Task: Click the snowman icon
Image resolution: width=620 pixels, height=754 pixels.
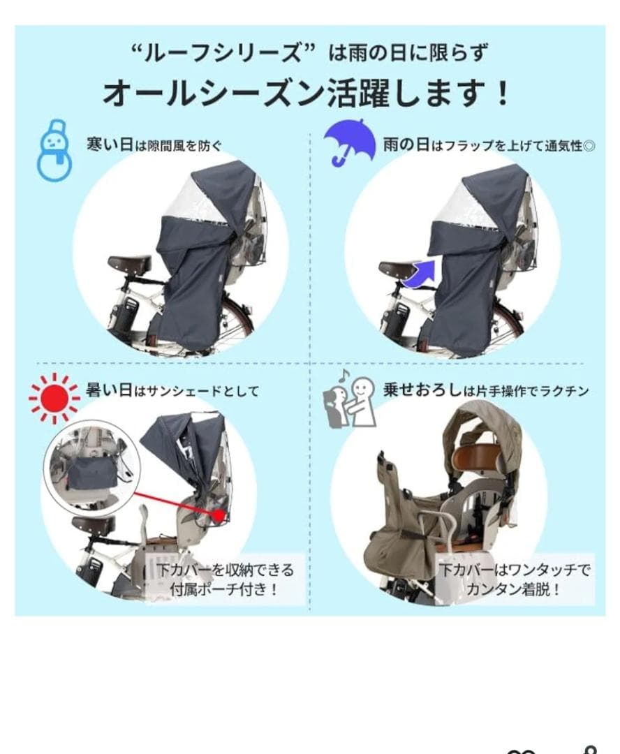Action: pos(52,149)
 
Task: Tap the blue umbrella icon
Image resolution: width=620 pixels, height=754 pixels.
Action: pos(349,140)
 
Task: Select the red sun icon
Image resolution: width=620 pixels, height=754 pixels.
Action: pos(54,397)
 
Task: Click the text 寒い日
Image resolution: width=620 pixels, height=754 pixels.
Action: pos(110,146)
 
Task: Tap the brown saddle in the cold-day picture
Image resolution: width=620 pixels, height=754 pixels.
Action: pos(130,264)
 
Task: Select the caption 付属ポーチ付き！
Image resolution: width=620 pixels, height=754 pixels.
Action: pos(225,588)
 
